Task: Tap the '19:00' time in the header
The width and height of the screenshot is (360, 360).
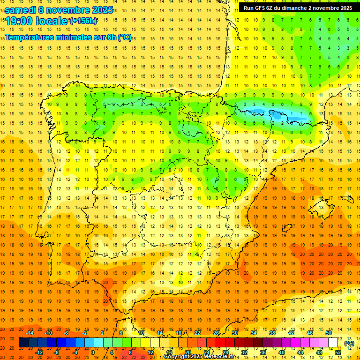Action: pos(19,22)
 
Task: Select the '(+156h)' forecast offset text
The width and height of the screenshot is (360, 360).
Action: pos(83,21)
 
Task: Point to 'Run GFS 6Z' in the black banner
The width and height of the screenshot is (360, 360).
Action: pos(260,8)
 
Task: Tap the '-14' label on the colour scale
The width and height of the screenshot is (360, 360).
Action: pos(30,333)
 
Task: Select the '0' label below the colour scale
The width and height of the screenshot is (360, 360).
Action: pos(93,352)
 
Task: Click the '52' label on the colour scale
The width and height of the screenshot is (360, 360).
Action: pos(338,352)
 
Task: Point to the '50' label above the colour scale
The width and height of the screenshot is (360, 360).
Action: pos(329,333)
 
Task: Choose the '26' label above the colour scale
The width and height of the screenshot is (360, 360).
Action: pos(216,333)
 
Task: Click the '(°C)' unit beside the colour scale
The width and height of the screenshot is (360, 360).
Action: pos(349,343)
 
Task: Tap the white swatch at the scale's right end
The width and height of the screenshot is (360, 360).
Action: pos(333,343)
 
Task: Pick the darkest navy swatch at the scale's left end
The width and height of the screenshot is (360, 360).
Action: pos(23,343)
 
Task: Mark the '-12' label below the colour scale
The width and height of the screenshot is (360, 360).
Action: pos(39,352)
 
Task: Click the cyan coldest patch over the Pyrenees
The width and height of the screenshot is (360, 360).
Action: pos(258,112)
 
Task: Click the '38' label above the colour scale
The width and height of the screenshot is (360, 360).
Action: pos(272,333)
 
